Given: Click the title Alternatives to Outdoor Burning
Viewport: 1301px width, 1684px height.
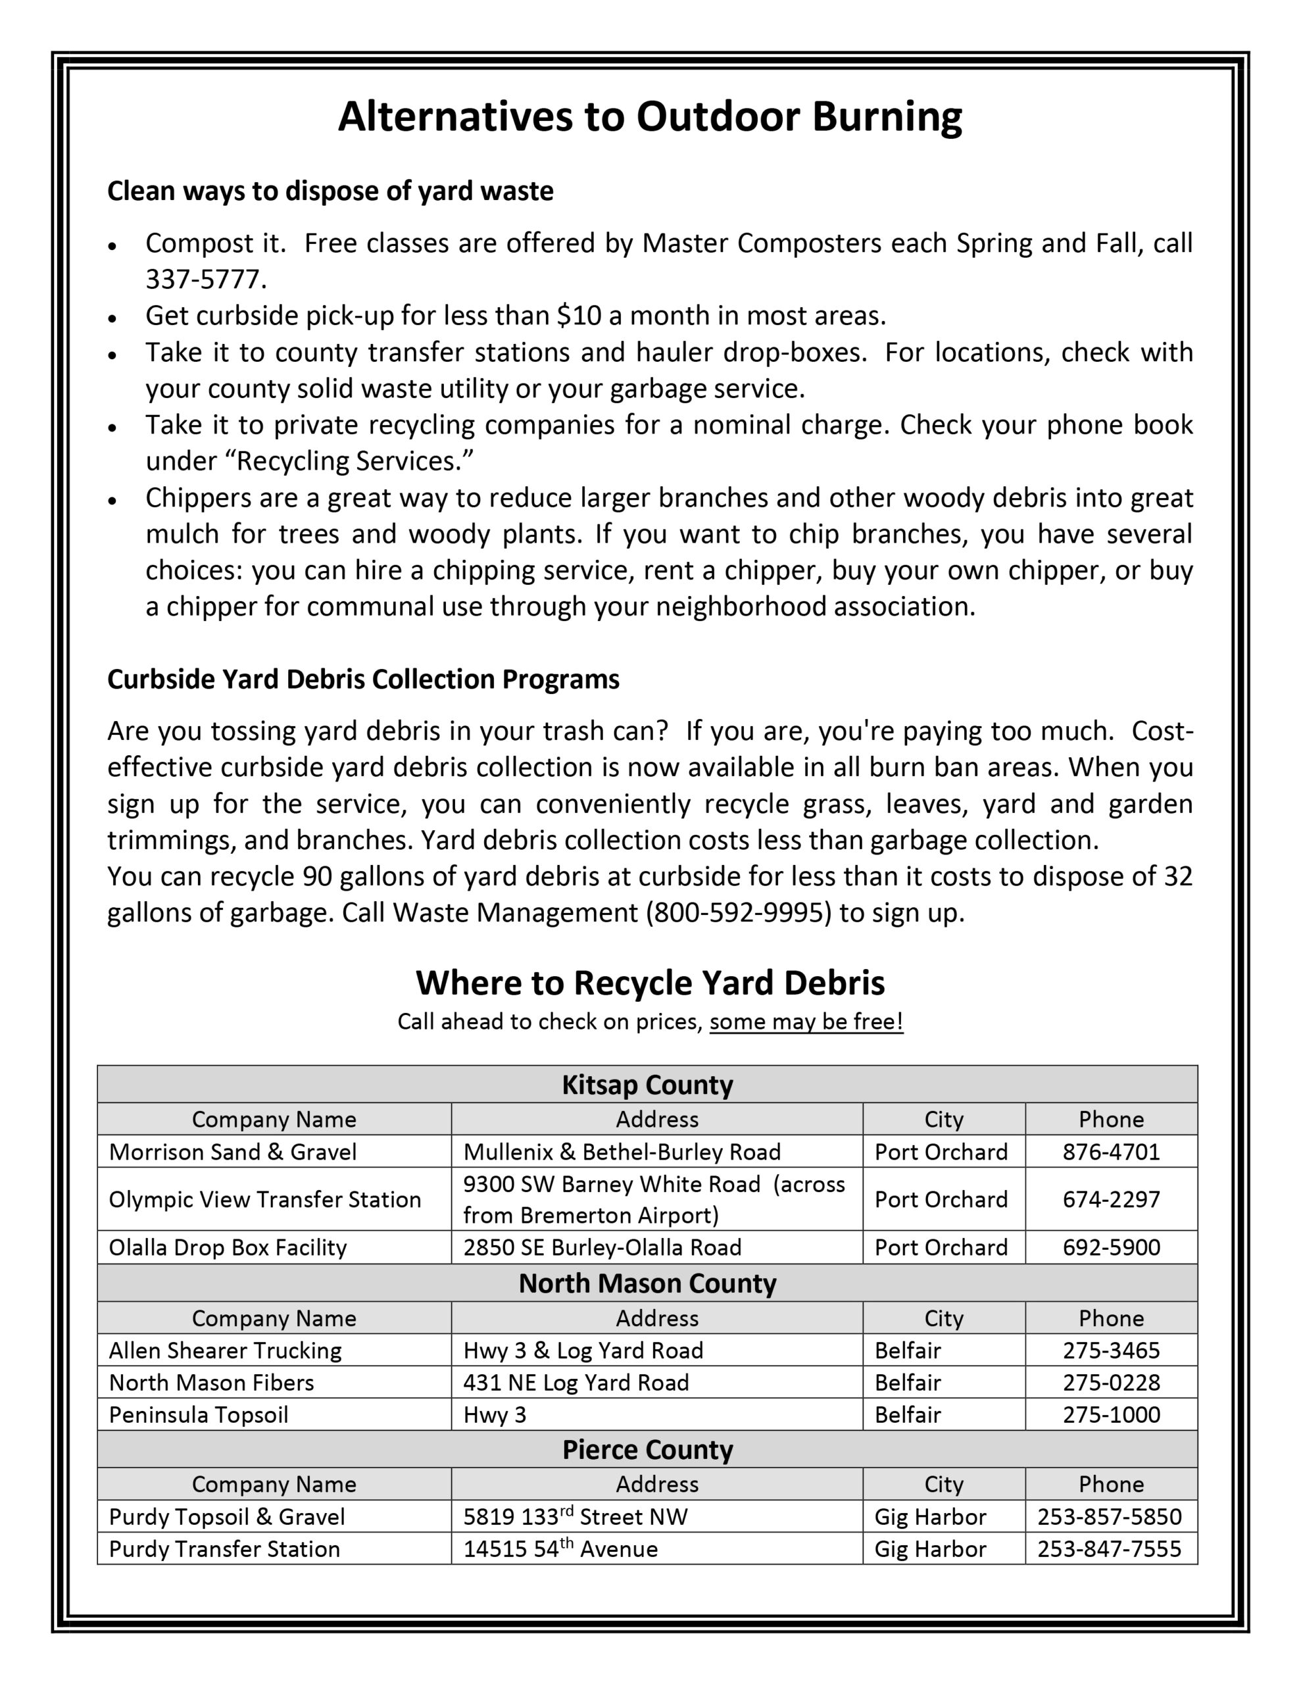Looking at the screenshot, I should pyautogui.click(x=649, y=117).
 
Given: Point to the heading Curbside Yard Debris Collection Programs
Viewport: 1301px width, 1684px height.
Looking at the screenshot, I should pyautogui.click(x=362, y=680).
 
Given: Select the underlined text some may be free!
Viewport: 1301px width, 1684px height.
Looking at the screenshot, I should pyautogui.click(x=806, y=1022).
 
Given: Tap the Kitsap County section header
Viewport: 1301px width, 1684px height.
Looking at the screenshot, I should pyautogui.click(x=647, y=1084).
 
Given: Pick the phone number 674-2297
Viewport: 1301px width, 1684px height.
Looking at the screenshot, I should pyautogui.click(x=1110, y=1199).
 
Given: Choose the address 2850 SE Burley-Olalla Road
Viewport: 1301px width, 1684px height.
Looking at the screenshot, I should pyautogui.click(x=602, y=1248).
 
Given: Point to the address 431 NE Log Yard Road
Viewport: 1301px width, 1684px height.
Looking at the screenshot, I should pyautogui.click(x=576, y=1383).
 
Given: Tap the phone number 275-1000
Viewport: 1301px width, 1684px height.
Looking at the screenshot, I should pyautogui.click(x=1110, y=1415).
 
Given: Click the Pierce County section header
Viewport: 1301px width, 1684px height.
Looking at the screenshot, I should pyautogui.click(x=647, y=1450).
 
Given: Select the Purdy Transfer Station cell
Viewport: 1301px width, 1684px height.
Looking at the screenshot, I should pyautogui.click(x=224, y=1549).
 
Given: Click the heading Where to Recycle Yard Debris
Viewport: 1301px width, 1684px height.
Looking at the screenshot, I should pyautogui.click(x=649, y=983).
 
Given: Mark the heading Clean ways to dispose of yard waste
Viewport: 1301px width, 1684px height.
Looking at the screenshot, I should pyautogui.click(x=330, y=191).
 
